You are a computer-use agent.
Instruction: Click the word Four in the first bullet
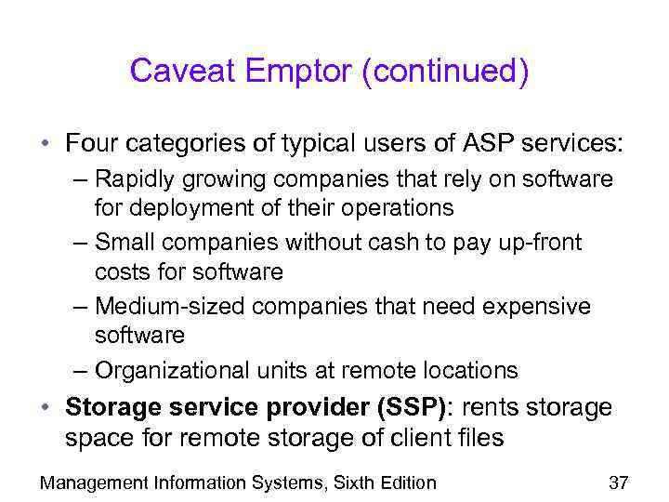tap(92, 145)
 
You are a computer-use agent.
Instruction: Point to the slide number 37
tap(619, 482)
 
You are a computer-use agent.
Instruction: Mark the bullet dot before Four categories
tap(45, 146)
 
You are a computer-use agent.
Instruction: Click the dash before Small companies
tap(81, 243)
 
